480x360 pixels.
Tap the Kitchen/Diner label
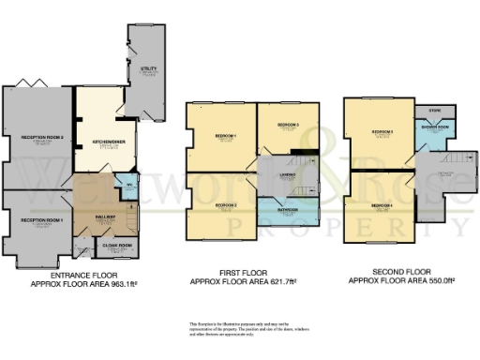[102, 142]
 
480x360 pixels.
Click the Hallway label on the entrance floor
[104, 216]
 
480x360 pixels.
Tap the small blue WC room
[128, 185]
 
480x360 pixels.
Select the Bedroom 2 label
[224, 204]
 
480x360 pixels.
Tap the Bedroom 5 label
[382, 132]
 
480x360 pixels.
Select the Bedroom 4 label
[381, 204]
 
